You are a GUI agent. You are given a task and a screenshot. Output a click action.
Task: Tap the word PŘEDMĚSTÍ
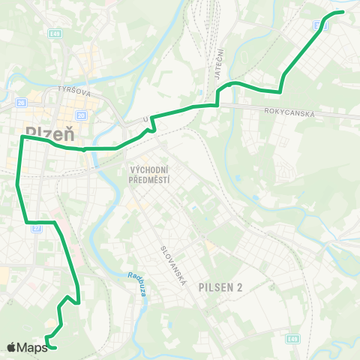[x=150, y=179]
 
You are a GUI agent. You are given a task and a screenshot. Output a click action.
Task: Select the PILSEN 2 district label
[x=222, y=286]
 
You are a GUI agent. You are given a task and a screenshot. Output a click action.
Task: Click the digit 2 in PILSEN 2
[x=241, y=286]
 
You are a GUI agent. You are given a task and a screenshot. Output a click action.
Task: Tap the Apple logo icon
[x=12, y=346]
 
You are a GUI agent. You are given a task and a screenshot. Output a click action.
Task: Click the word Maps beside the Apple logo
[x=33, y=346]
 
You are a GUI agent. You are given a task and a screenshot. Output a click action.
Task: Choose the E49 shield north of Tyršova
[x=55, y=32]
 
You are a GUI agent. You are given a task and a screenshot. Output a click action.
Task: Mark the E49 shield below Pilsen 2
[x=293, y=339]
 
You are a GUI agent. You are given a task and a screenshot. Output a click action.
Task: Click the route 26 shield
[x=21, y=103]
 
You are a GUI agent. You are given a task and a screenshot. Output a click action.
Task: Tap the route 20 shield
[x=80, y=115]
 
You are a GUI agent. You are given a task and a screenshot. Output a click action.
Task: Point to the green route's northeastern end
[x=342, y=12]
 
